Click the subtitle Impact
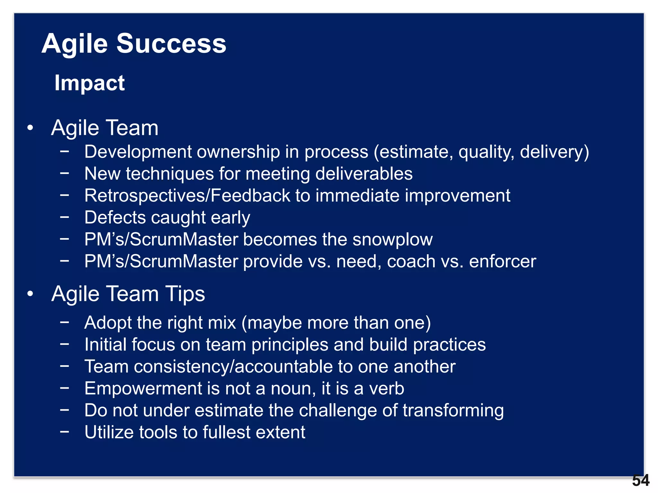point(89,83)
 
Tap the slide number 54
point(641,480)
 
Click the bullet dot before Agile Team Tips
point(30,294)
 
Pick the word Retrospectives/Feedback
point(187,195)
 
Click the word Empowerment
point(143,389)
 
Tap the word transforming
point(453,411)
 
